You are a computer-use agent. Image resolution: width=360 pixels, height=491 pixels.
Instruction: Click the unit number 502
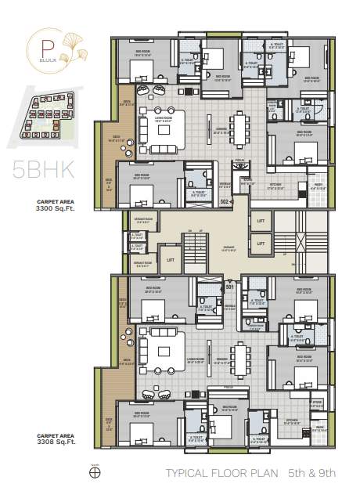coord(224,201)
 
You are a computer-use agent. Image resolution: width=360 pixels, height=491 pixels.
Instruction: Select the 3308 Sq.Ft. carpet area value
coord(56,442)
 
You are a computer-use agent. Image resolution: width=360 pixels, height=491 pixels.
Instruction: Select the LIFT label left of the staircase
coord(170,259)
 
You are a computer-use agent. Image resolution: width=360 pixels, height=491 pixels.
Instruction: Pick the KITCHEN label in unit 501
coord(291,420)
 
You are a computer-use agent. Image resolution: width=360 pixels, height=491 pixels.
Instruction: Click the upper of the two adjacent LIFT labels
coord(260,222)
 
